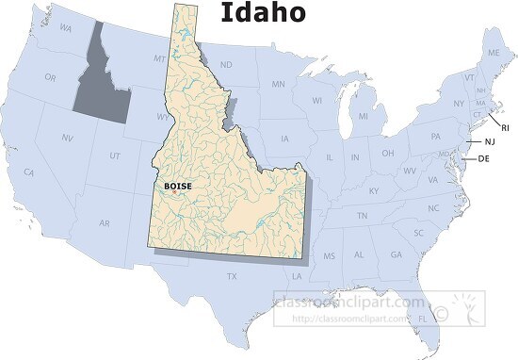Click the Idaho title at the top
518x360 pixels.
pos(263,13)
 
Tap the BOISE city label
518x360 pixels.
pos(176,187)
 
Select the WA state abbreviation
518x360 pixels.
pos(66,28)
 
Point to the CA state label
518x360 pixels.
pos(29,172)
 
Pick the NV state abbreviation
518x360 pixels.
pos(68,138)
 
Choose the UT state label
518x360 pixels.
pos(114,155)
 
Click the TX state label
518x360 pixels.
pos(232,276)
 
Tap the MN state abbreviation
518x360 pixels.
pos(278,85)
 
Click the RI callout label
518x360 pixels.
pos(505,127)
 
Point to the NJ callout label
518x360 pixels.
pos(489,141)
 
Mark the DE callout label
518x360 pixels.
pos(484,158)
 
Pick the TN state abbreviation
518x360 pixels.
pos(362,216)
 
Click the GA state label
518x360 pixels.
pos(396,254)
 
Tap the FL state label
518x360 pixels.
pos(421,319)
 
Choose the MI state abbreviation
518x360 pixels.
pos(363,117)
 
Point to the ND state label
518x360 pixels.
pos(226,64)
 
